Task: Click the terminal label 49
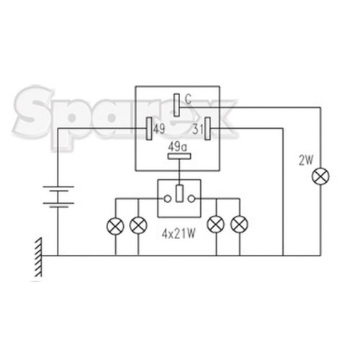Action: coord(159,129)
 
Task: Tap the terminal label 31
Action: coord(198,130)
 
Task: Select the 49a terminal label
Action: coord(178,147)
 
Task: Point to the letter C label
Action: coord(188,99)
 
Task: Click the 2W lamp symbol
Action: coord(320,176)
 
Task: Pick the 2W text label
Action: coord(306,161)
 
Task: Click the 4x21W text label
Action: coord(179,234)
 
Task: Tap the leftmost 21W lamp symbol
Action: coord(115,226)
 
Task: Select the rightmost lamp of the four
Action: coord(239,225)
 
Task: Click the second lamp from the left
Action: coord(138,225)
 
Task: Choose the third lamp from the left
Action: coord(216,225)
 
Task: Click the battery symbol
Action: coord(58,197)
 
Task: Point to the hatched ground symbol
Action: coord(38,257)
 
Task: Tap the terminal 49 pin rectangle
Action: coord(149,128)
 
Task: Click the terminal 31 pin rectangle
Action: coord(207,128)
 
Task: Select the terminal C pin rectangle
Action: coord(176,105)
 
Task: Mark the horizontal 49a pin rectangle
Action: coord(179,156)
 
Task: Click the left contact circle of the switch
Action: coord(167,199)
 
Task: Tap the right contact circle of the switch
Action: coord(192,199)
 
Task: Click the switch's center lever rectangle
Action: coord(179,193)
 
